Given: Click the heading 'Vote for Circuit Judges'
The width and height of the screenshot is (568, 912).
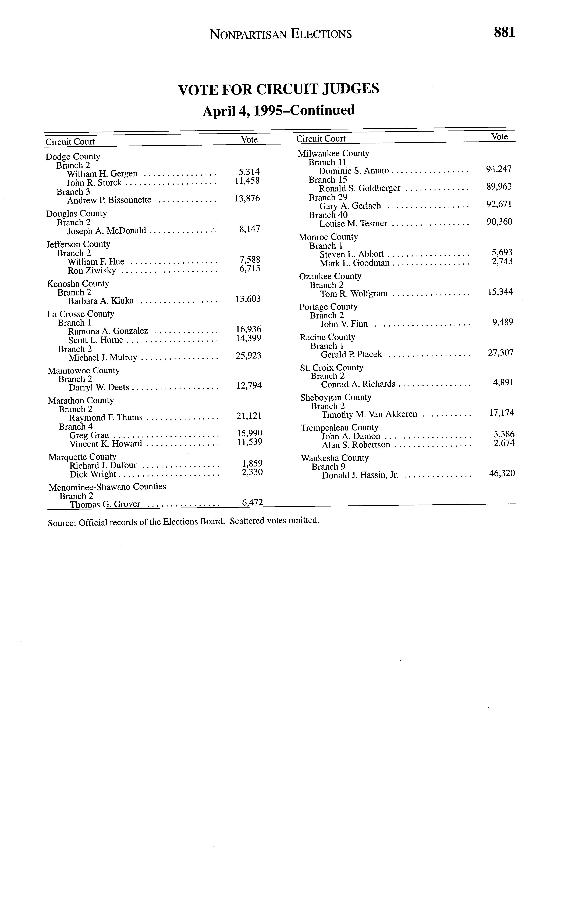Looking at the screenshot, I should (x=278, y=89).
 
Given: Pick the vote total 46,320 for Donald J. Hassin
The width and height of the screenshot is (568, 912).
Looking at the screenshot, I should (x=502, y=473).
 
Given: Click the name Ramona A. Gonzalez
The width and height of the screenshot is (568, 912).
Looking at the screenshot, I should (x=108, y=331).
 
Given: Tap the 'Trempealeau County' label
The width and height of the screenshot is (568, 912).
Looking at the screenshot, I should (x=339, y=428).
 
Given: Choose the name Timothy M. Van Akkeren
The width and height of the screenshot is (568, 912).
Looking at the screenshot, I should (x=369, y=414).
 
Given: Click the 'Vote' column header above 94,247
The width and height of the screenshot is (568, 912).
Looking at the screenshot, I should (x=500, y=137).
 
